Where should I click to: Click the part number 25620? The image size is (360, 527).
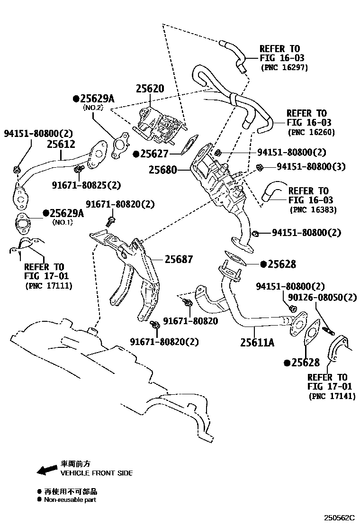pos(150,89)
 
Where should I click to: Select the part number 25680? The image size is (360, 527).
pos(162,169)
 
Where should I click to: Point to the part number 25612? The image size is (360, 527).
pos(62,143)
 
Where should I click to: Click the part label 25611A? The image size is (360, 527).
pos(257,342)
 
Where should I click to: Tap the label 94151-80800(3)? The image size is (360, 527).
pos(311,166)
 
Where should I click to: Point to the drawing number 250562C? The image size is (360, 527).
pos(339,518)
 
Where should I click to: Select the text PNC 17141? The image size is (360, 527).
pos(331,396)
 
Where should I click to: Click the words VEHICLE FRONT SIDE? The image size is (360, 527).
pos(97,473)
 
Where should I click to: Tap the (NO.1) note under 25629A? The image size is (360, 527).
pos(61,222)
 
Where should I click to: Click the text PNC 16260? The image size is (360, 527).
pos(311,132)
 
